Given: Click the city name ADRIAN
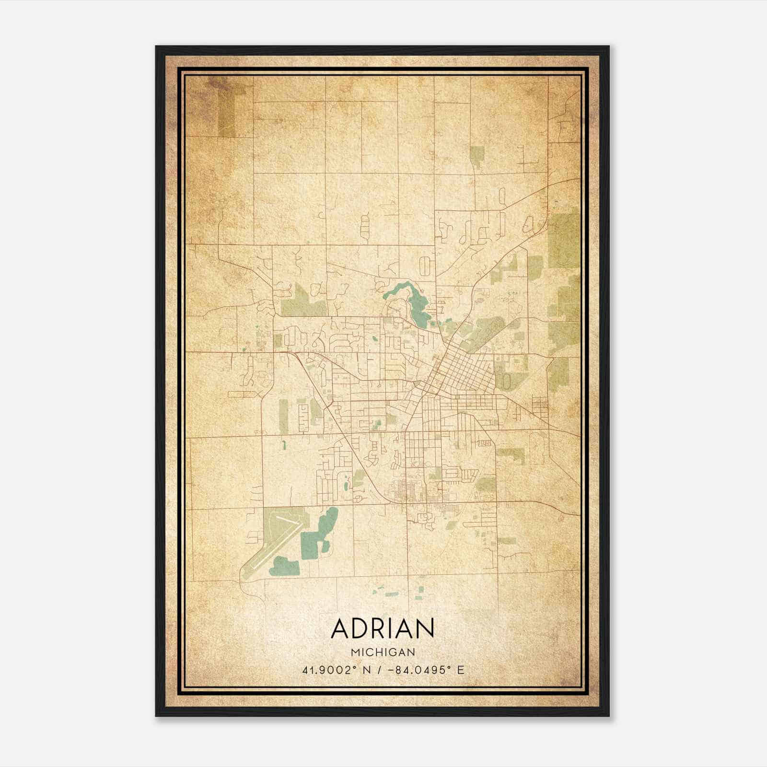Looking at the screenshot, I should tap(383, 628).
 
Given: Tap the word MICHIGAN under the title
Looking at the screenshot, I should tap(383, 652).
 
